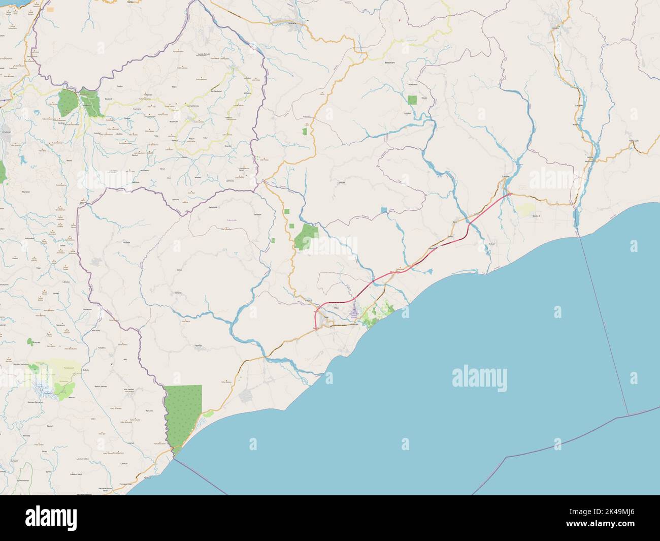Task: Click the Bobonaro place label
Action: (x=390, y=63)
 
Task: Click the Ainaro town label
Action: (x=555, y=27)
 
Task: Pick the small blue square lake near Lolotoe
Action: (x=384, y=209)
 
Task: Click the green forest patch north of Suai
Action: (x=306, y=236)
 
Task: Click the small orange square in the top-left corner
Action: (x=50, y=9)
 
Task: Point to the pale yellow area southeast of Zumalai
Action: (x=525, y=209)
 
